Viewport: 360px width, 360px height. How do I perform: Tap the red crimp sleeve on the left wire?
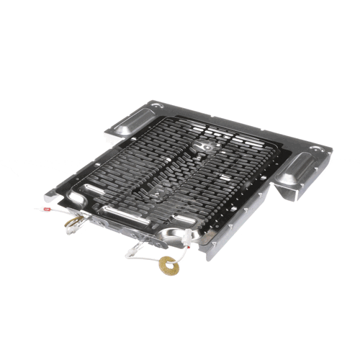tap(48, 211)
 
